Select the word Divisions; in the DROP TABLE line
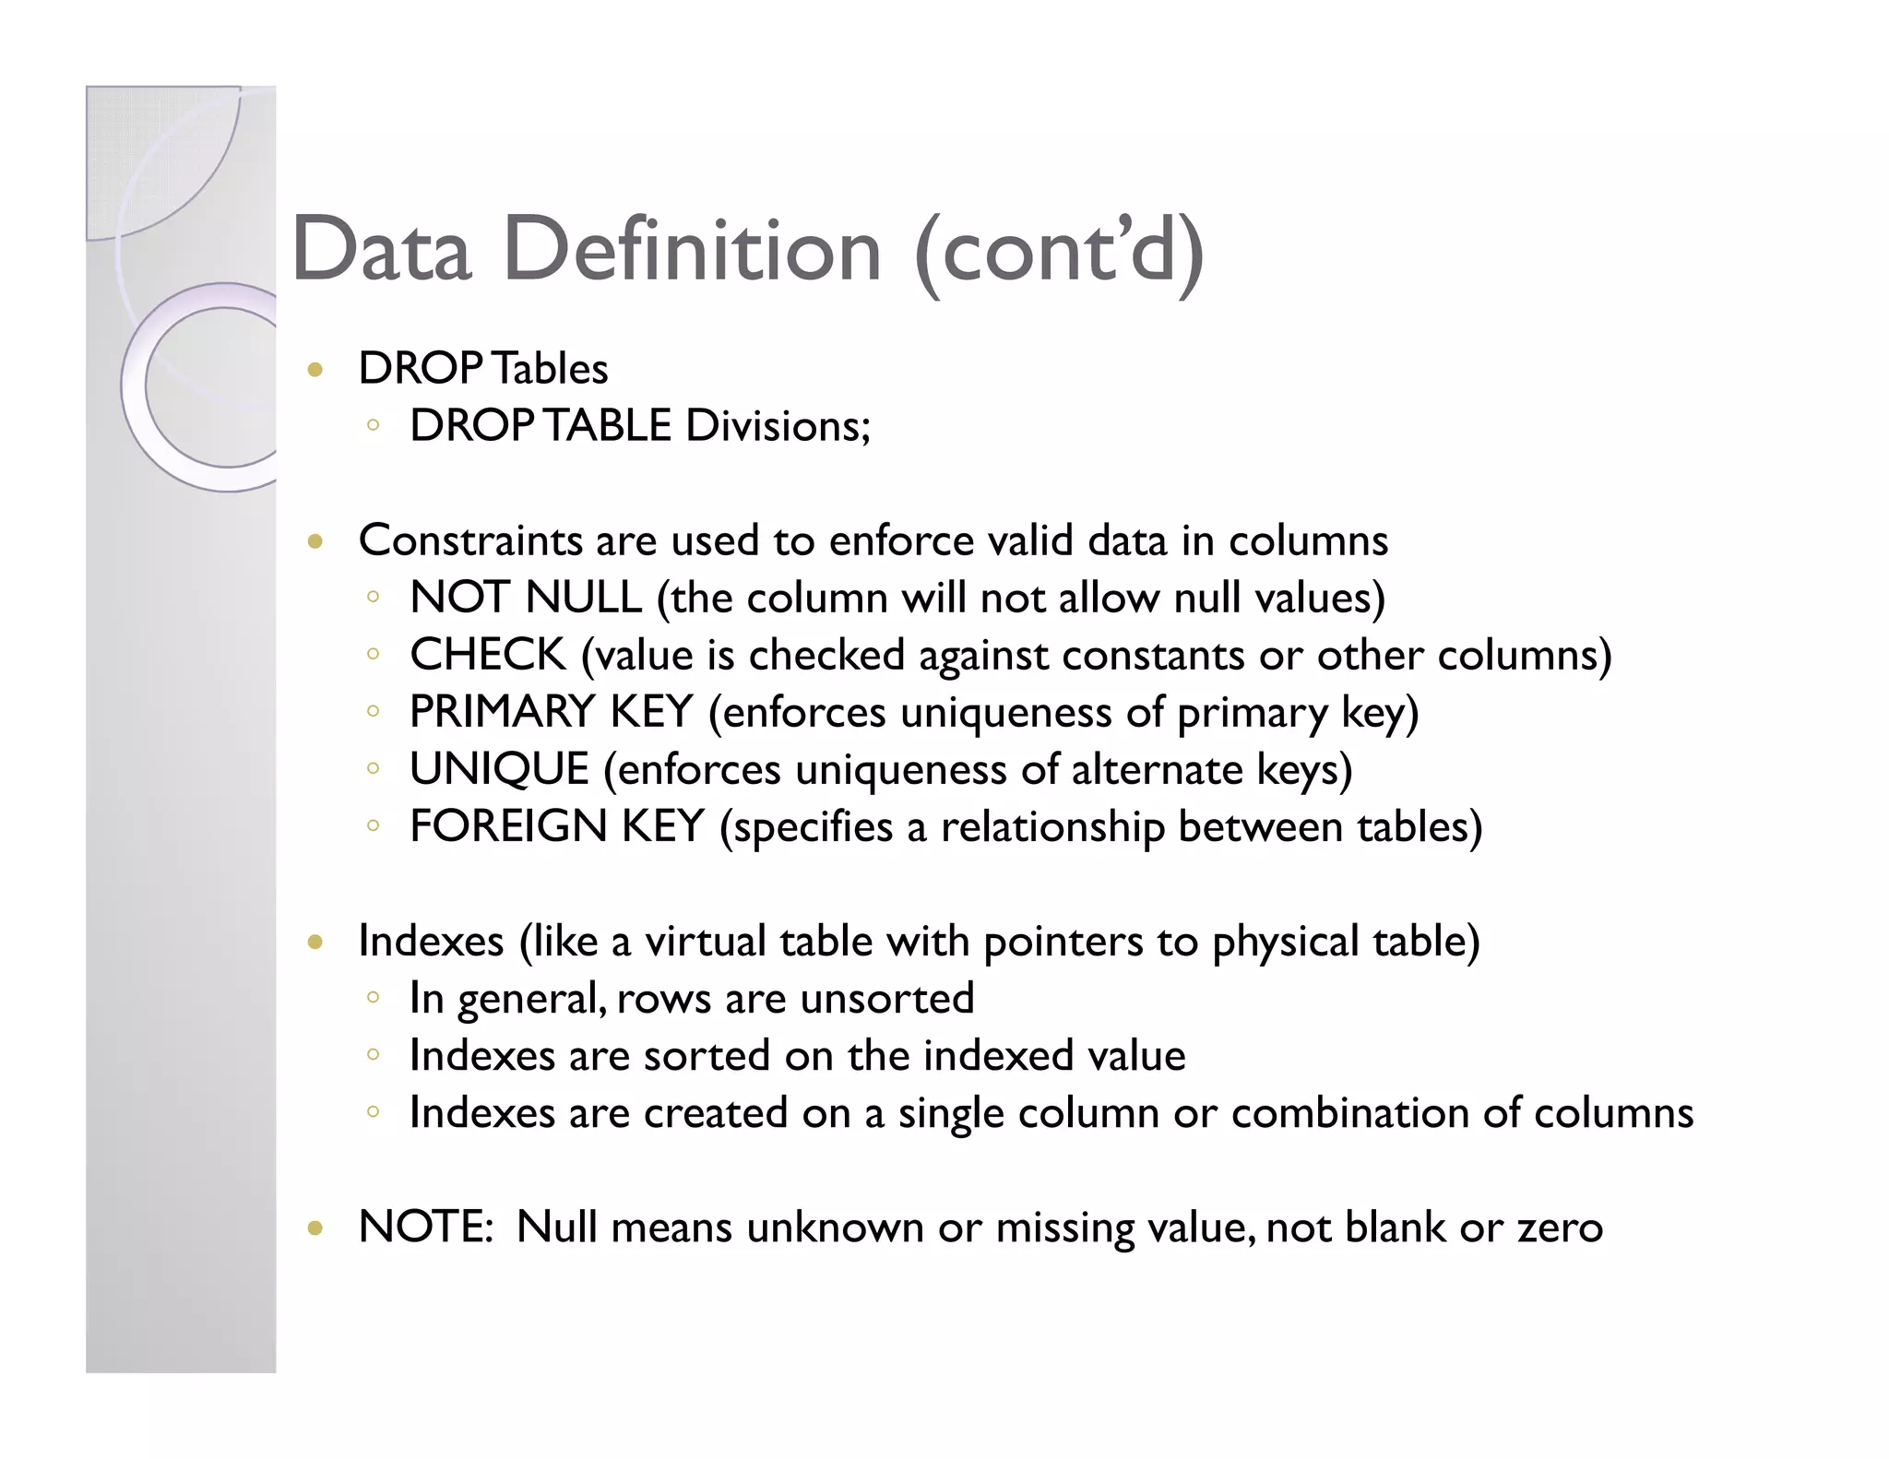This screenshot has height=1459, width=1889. [778, 426]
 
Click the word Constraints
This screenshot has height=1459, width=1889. [470, 540]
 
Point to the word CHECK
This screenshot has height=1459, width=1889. [487, 655]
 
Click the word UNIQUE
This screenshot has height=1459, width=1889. [499, 769]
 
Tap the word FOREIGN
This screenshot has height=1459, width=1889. [507, 826]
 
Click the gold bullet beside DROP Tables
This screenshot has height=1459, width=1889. [315, 371]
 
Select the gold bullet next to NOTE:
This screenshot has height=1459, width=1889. [315, 1228]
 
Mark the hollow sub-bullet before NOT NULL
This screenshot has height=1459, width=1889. [373, 598]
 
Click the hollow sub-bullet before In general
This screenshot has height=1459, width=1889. [373, 998]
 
